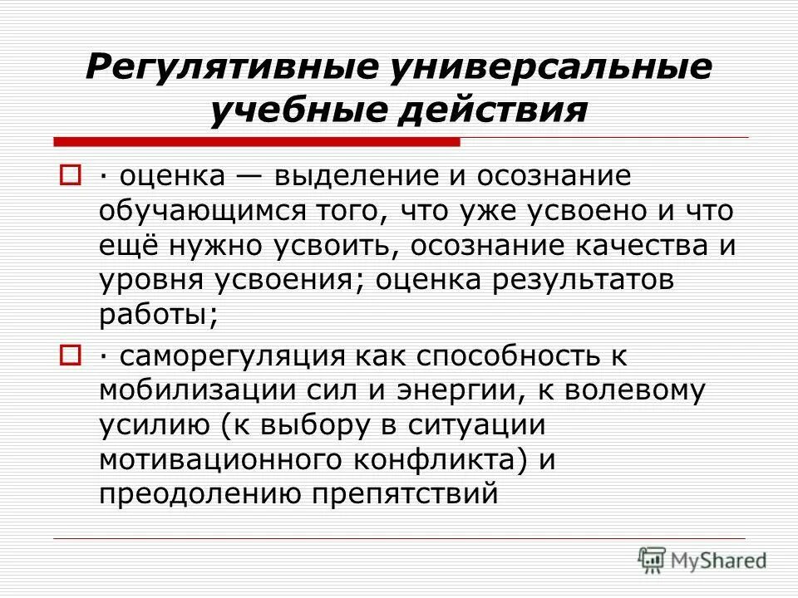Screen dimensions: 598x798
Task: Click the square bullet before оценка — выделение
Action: tap(70, 176)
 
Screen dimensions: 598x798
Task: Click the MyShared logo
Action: tap(702, 561)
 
